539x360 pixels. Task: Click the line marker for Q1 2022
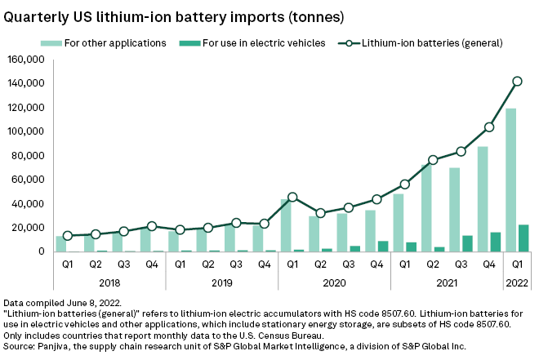pyautogui.click(x=517, y=81)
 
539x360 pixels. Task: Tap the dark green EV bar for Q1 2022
pyautogui.click(x=523, y=238)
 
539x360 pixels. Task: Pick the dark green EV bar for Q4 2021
pyautogui.click(x=496, y=242)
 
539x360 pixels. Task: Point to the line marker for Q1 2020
pyautogui.click(x=292, y=197)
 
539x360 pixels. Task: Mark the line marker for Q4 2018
pyautogui.click(x=152, y=226)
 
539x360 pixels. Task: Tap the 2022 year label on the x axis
pyautogui.click(x=517, y=282)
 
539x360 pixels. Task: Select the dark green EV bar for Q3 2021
pyautogui.click(x=467, y=243)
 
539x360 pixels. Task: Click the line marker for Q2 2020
pyautogui.click(x=320, y=213)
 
